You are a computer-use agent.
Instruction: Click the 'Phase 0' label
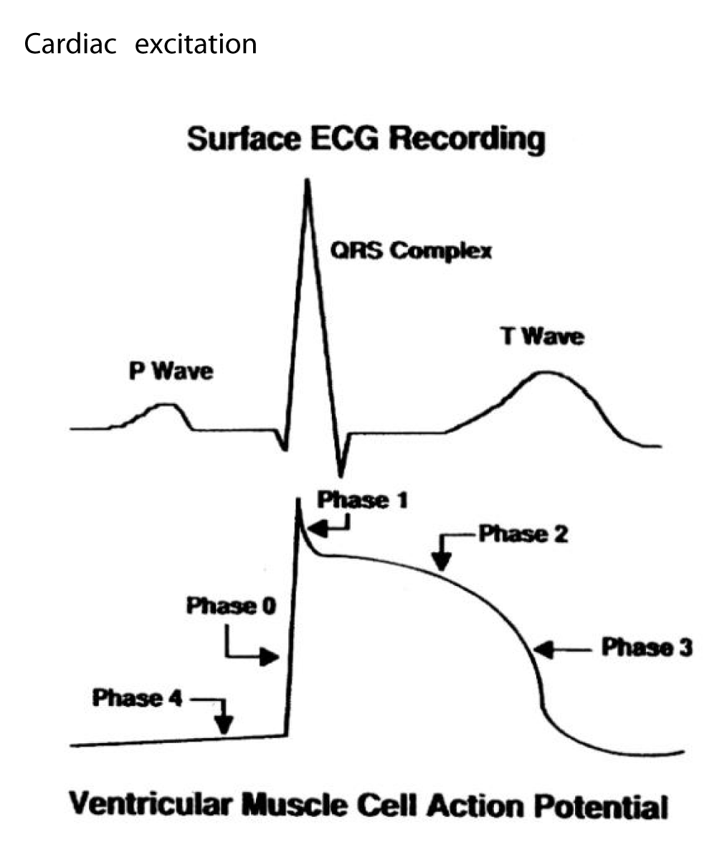(x=231, y=606)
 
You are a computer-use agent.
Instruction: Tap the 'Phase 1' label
(x=363, y=500)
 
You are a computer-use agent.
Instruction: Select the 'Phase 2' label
(x=523, y=534)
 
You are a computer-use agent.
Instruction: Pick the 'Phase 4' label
(x=137, y=697)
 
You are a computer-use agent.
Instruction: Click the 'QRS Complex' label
(x=411, y=251)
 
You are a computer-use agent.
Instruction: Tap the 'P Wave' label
(x=171, y=372)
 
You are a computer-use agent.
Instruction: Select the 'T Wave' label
(x=542, y=336)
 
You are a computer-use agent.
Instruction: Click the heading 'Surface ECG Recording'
(x=366, y=140)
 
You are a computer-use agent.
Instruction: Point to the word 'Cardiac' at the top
(x=70, y=44)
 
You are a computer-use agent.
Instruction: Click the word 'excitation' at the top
(x=196, y=44)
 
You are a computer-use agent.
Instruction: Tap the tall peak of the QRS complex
(x=308, y=183)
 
